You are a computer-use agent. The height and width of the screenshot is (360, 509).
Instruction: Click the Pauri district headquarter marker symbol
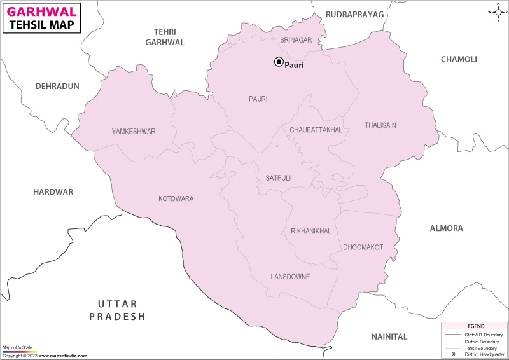[278, 62]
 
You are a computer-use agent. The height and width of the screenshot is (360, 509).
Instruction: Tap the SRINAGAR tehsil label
[296, 40]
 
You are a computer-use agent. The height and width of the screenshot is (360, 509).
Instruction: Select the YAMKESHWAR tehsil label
[134, 132]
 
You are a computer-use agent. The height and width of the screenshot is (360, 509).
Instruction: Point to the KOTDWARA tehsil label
[176, 199]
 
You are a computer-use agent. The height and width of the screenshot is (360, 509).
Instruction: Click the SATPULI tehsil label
[274, 178]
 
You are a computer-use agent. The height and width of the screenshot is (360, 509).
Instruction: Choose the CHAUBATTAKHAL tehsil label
[316, 130]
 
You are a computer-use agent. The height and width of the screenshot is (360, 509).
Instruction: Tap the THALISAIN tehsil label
[380, 125]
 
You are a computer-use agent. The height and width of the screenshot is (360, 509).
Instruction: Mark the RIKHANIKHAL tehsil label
[310, 231]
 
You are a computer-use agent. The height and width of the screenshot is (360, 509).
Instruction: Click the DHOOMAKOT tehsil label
[363, 247]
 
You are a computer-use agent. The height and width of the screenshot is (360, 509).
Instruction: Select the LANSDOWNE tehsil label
[290, 277]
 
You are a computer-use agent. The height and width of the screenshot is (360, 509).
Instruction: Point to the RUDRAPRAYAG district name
[354, 14]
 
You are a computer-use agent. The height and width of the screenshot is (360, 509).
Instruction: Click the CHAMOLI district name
[459, 59]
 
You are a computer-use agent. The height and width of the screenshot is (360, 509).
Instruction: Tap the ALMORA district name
[447, 228]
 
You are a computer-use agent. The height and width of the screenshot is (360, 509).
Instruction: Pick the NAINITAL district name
[389, 336]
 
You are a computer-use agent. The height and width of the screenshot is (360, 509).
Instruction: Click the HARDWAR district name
[53, 191]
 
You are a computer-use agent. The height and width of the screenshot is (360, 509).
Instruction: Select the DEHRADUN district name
[57, 86]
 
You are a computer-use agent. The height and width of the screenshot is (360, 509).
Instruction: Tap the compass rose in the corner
[498, 11]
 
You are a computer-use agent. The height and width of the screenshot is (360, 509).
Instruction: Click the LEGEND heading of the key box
[474, 326]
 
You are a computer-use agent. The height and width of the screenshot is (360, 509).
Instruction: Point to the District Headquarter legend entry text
[484, 354]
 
